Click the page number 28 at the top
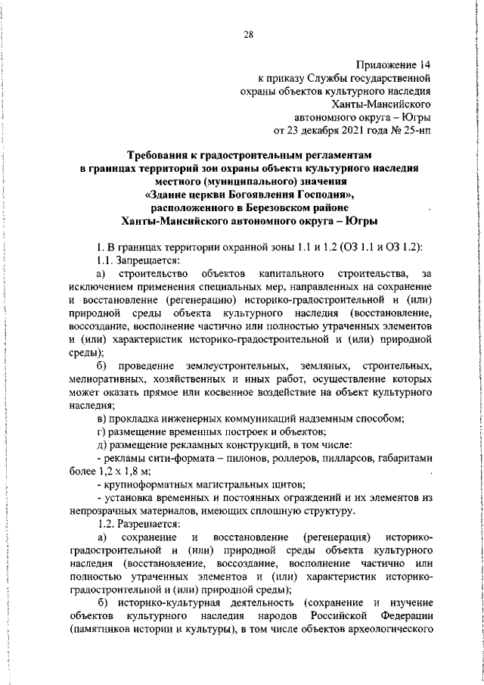[x=248, y=33]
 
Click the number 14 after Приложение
[x=424, y=65]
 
